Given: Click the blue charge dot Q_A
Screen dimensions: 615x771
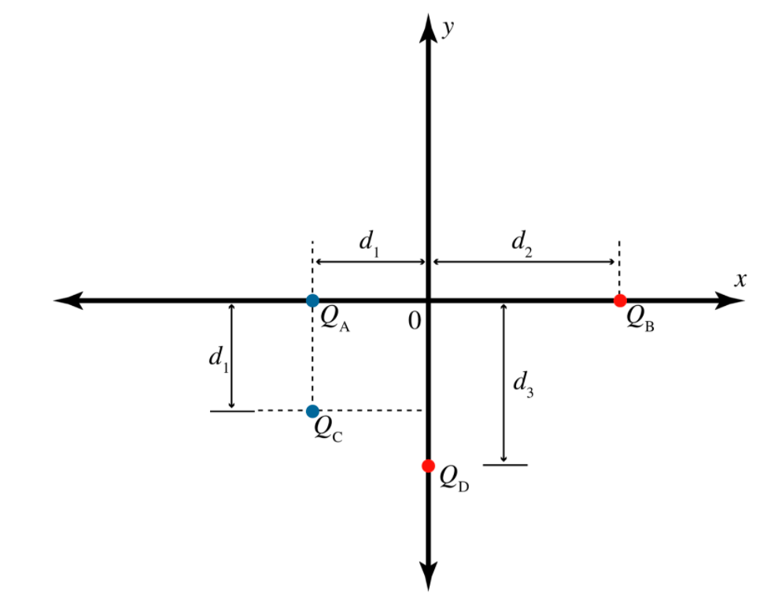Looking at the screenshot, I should (312, 300).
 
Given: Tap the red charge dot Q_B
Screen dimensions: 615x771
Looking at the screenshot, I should (620, 300).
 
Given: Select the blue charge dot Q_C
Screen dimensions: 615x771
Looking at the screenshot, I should (312, 411).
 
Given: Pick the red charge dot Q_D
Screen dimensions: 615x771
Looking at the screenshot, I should (428, 466).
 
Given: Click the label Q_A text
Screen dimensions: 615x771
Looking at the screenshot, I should (334, 318).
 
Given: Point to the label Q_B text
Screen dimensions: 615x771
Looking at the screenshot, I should (640, 318).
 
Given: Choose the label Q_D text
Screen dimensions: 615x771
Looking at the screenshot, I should (455, 477).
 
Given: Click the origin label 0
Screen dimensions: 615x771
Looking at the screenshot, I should (415, 321).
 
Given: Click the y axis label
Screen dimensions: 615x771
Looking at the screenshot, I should (449, 28).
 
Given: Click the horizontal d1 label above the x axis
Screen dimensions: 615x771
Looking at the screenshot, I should (370, 241).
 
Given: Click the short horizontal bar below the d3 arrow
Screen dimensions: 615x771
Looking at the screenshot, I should (505, 465).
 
